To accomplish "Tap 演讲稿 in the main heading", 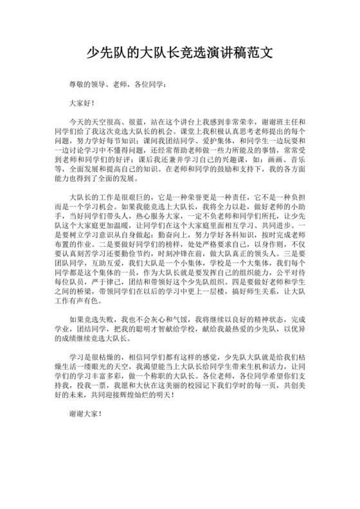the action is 219,53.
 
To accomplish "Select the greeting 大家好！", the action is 82,102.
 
